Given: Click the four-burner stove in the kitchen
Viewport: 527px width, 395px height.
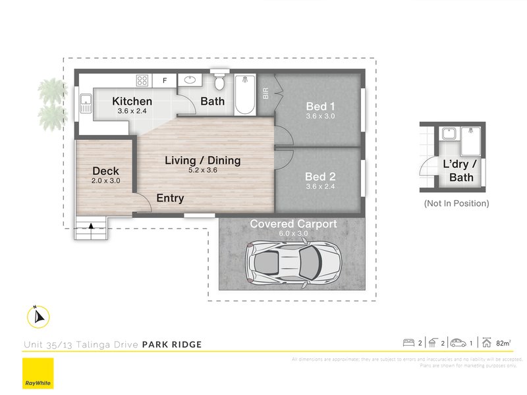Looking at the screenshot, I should point(142,81).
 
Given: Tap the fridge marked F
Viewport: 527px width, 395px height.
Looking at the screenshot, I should point(165,81).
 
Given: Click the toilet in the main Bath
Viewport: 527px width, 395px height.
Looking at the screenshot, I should point(220,84).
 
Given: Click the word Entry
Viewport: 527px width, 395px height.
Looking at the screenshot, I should point(170,198).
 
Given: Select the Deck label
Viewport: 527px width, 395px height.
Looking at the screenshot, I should point(105,171).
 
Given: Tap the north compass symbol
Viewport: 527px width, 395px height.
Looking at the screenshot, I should point(38,317).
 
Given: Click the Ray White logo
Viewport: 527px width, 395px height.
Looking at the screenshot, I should point(38,374).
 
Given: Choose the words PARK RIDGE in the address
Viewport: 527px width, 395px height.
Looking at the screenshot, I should point(172,344).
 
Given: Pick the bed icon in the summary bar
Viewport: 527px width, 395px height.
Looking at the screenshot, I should point(408,342).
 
